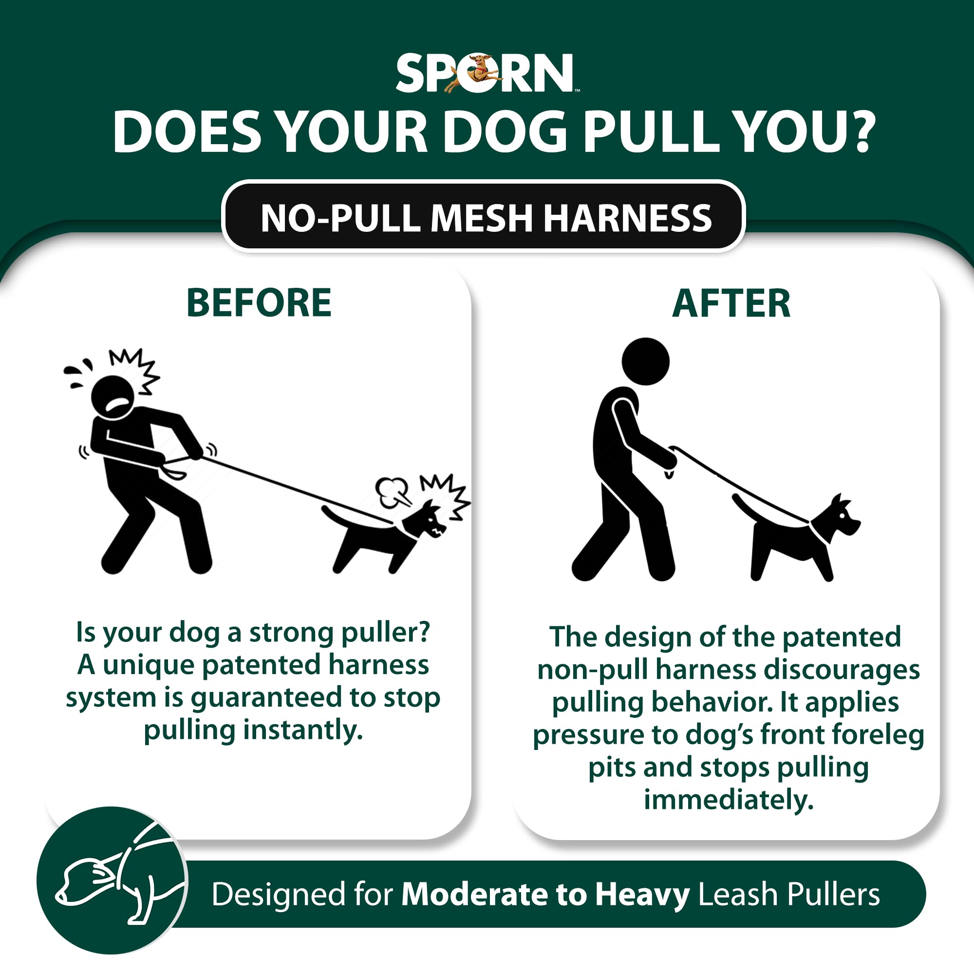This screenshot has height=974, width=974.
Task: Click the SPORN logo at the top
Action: pos(484,74)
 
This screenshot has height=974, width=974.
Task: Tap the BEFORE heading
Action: pos(259,303)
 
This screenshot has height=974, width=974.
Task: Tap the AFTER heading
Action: pos(731,304)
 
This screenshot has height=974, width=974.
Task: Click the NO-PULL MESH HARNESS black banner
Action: pos(484,218)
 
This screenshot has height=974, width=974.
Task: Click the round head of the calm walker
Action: pos(645,361)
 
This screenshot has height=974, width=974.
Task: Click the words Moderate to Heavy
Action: pos(545,894)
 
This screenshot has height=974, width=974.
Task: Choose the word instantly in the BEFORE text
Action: pos(303,730)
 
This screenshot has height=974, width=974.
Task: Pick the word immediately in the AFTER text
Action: pos(729,800)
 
